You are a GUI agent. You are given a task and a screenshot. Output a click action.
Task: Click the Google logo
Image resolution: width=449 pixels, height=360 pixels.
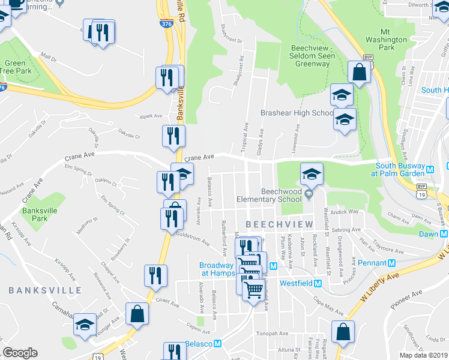(20, 353)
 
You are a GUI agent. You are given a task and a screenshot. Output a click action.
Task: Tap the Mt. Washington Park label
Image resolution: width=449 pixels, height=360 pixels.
(394, 39)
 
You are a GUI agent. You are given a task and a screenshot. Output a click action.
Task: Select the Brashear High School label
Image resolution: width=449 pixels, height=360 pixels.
(297, 113)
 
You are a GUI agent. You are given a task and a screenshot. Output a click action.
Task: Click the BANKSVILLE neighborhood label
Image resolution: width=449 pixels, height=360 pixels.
(45, 290)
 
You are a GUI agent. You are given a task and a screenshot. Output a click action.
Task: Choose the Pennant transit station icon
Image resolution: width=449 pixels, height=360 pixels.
(391, 263)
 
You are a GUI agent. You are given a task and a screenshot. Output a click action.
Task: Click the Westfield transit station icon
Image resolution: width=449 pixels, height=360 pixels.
(318, 283)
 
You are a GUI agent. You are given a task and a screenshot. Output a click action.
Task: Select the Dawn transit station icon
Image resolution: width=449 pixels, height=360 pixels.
(443, 234)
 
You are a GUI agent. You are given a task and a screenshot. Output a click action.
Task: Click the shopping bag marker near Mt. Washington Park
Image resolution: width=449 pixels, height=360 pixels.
(359, 74)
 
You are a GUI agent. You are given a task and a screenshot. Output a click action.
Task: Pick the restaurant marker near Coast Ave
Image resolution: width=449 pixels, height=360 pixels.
(155, 277)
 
